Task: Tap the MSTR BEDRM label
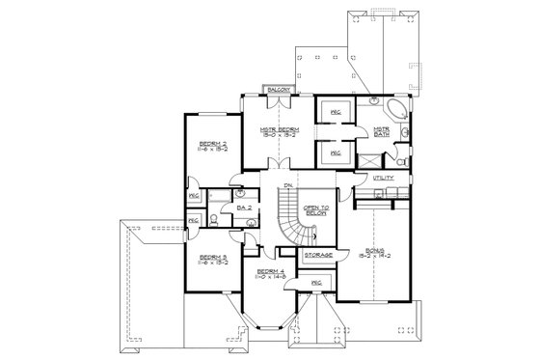[279, 127]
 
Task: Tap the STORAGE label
[318, 255]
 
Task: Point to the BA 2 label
[244, 208]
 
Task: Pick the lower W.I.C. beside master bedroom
[335, 152]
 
